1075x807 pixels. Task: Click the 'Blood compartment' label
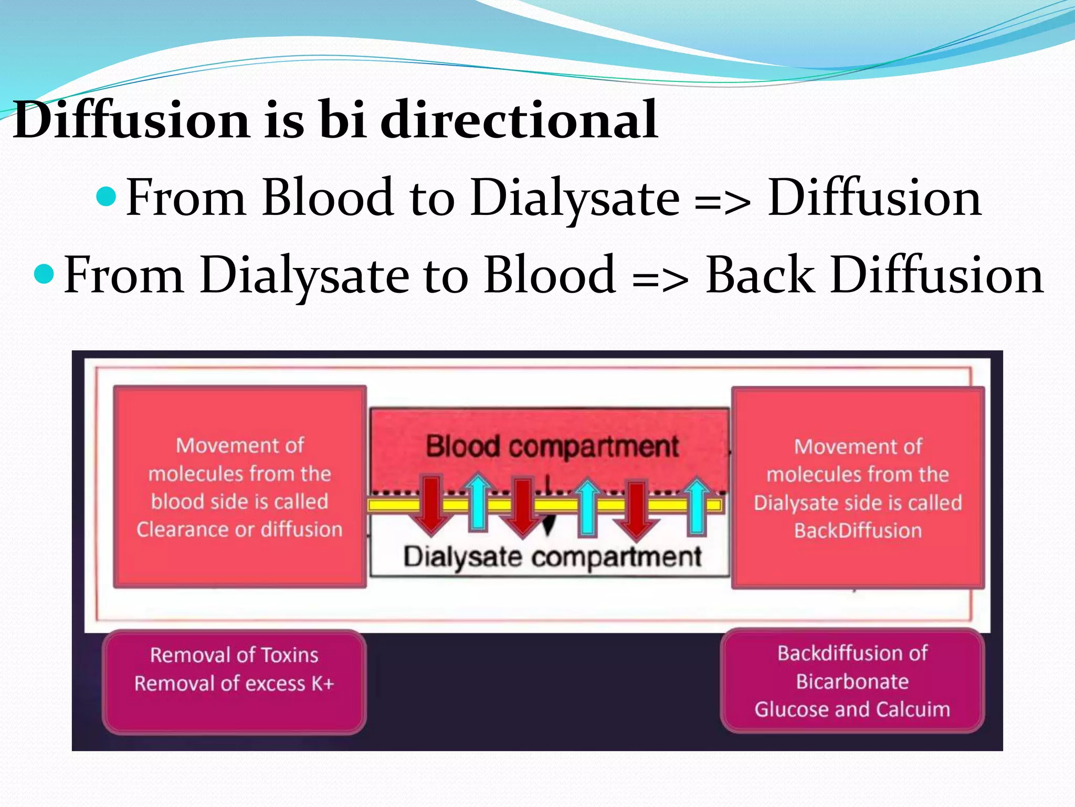tap(552, 447)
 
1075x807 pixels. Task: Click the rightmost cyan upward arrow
tap(697, 504)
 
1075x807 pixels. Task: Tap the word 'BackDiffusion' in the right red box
tap(858, 531)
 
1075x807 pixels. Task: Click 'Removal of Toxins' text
tap(234, 655)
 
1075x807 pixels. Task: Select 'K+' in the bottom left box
tap(322, 684)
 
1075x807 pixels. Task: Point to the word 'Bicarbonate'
tap(852, 681)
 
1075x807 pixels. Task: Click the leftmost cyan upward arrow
tap(478, 502)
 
